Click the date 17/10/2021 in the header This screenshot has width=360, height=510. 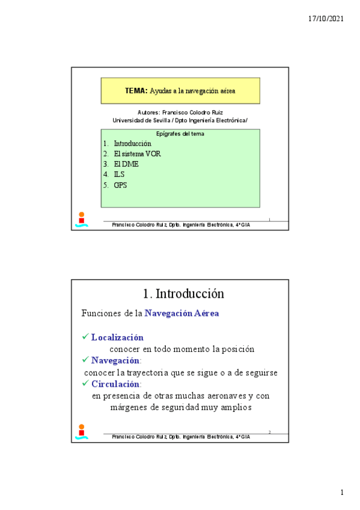[326, 19]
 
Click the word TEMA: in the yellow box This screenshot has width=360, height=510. [136, 91]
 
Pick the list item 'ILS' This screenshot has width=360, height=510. [119, 174]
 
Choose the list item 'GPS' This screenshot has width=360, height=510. [120, 185]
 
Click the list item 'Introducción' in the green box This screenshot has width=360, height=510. [132, 144]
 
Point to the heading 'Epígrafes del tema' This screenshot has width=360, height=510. [180, 134]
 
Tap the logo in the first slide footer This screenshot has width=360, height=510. [82, 220]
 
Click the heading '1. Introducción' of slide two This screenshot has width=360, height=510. [183, 293]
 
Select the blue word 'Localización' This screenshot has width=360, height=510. [117, 337]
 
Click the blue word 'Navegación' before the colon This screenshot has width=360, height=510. [115, 360]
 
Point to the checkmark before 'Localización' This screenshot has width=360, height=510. [85, 337]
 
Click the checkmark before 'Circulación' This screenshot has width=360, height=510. [85, 383]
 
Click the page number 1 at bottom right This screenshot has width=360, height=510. [342, 493]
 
